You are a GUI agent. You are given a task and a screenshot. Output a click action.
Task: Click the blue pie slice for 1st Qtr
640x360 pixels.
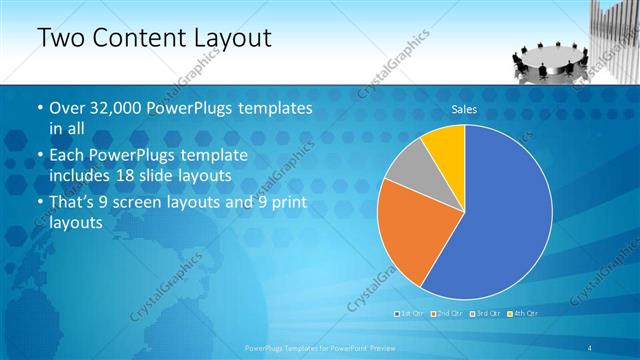(x=500, y=220)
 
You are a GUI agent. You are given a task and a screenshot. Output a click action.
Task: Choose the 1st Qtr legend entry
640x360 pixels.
(x=411, y=314)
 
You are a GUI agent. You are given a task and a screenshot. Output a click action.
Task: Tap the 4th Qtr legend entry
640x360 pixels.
(x=521, y=314)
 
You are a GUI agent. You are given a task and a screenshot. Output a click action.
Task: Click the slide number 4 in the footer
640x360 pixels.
(x=592, y=347)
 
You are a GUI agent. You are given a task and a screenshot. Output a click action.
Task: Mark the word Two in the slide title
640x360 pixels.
(x=59, y=39)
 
